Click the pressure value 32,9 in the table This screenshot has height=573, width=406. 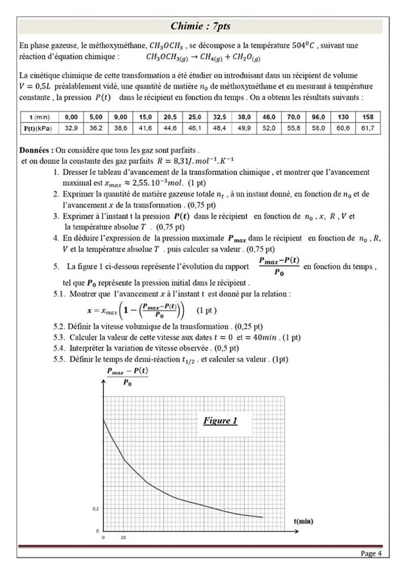pyautogui.click(x=71, y=128)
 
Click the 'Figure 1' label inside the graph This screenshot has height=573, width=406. pyautogui.click(x=220, y=421)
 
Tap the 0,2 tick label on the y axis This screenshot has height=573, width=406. pyautogui.click(x=96, y=509)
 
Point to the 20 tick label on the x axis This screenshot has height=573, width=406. pyautogui.click(x=124, y=538)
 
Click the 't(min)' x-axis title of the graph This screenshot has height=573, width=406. pyautogui.click(x=303, y=521)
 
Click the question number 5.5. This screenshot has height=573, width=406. pyautogui.click(x=59, y=359)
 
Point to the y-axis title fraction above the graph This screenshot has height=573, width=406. pyautogui.click(x=128, y=377)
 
